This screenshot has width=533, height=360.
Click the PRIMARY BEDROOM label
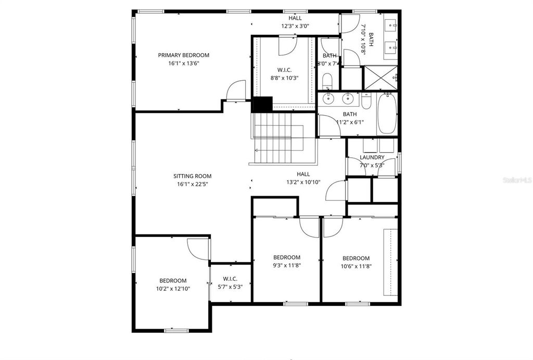pyautogui.click(x=184, y=55)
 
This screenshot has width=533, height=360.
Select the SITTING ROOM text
pyautogui.click(x=193, y=176)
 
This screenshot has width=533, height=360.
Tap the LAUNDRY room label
pyautogui.click(x=372, y=157)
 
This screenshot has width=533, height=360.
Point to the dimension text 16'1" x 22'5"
pyautogui.click(x=193, y=184)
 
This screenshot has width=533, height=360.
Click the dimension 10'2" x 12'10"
pyautogui.click(x=173, y=289)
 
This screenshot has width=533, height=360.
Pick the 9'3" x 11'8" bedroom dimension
pyautogui.click(x=287, y=265)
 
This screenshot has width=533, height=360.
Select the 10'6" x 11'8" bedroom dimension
pyautogui.click(x=356, y=266)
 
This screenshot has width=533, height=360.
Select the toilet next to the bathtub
pyautogui.click(x=365, y=101)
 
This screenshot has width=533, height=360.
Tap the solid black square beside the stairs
pyautogui.click(x=262, y=104)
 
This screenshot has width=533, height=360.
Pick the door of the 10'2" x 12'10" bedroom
pyautogui.click(x=198, y=249)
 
